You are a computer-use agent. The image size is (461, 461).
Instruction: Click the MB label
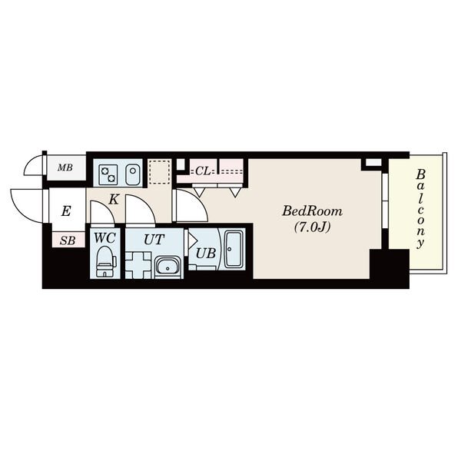tap(65, 167)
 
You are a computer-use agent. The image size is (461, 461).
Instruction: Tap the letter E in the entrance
tap(66, 211)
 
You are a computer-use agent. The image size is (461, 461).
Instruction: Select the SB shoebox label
tap(68, 240)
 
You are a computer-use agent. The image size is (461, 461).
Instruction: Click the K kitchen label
tap(114, 200)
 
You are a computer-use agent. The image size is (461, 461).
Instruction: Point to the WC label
tap(104, 238)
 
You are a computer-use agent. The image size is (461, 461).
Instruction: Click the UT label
tap(154, 240)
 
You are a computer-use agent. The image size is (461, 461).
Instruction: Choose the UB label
tap(206, 253)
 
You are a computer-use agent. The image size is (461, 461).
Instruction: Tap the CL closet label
tap(203, 171)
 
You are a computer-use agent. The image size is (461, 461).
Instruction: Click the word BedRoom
tap(312, 211)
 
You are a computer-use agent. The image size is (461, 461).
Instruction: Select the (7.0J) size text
tap(312, 227)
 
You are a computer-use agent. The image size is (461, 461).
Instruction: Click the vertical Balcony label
tap(421, 208)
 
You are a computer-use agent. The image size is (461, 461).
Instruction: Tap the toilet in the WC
tap(105, 261)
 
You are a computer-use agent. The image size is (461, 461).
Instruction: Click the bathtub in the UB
tap(234, 250)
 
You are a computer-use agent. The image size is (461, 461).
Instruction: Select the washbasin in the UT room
tap(167, 266)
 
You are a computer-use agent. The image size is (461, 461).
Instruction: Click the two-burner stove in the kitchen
tap(108, 174)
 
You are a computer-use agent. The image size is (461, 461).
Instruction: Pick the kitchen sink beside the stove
tap(133, 174)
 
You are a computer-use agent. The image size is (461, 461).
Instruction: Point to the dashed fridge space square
tap(159, 171)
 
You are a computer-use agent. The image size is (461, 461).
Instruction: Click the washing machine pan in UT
tap(138, 265)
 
